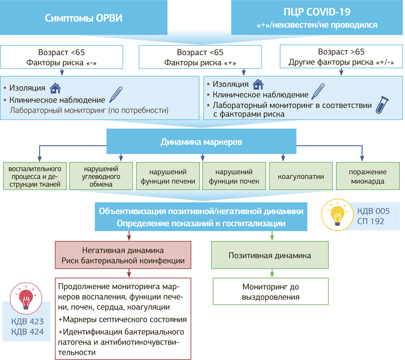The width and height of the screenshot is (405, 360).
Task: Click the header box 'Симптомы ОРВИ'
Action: pyautogui.click(x=84, y=18)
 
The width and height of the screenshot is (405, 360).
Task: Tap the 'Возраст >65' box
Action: pyautogui.click(x=341, y=57)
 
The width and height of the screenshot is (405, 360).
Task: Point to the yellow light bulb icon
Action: pyautogui.click(x=336, y=214)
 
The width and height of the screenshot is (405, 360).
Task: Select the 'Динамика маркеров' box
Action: pyautogui.click(x=201, y=142)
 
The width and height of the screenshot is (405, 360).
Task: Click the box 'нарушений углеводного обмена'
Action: pyautogui.click(x=102, y=176)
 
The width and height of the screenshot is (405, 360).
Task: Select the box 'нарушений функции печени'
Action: pyautogui.click(x=168, y=176)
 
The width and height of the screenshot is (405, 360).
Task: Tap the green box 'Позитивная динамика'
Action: pyautogui.click(x=270, y=255)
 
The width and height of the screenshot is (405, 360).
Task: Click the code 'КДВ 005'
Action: pyautogui.click(x=373, y=211)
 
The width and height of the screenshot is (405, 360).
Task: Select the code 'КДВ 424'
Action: pyautogui.click(x=28, y=332)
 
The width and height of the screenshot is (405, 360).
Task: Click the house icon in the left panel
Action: pyautogui.click(x=55, y=88)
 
